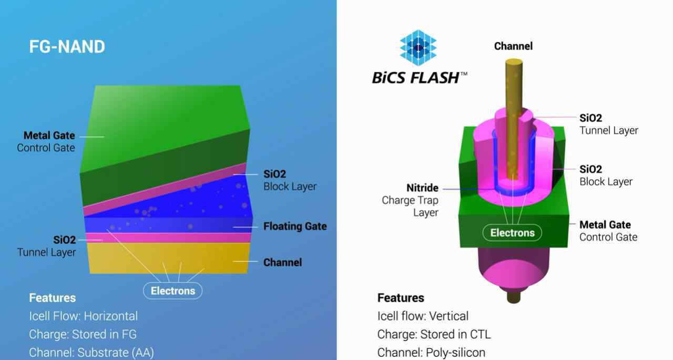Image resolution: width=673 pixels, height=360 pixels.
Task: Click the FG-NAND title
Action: [67, 47]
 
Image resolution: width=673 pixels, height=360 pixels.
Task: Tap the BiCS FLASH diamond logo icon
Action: [418, 47]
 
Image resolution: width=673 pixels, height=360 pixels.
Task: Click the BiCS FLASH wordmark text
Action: [420, 78]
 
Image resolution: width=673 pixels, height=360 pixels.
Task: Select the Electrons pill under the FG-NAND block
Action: [173, 291]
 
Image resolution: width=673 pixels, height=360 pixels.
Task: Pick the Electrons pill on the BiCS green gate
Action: [512, 233]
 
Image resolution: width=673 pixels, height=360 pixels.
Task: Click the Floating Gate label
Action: [295, 226]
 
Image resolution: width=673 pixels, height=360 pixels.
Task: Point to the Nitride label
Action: [422, 188]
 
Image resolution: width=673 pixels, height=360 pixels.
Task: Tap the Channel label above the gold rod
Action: [514, 46]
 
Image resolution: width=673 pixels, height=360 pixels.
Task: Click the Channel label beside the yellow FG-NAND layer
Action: [283, 262]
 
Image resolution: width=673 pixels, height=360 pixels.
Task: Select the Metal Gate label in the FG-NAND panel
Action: [49, 136]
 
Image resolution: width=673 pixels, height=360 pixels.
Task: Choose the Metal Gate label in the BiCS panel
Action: [605, 224]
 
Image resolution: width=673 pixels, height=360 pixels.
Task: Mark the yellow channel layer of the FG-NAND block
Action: [169, 258]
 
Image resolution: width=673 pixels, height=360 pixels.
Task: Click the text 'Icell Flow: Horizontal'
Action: [83, 316]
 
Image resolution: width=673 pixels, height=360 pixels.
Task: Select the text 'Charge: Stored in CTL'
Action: [434, 334]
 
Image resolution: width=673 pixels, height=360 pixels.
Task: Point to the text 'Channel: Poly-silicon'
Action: [431, 353]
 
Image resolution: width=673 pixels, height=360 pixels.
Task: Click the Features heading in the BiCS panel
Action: [401, 298]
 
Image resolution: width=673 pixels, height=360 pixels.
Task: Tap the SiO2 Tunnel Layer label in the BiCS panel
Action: [609, 125]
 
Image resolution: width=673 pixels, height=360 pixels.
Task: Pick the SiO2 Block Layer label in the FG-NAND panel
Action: [290, 180]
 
